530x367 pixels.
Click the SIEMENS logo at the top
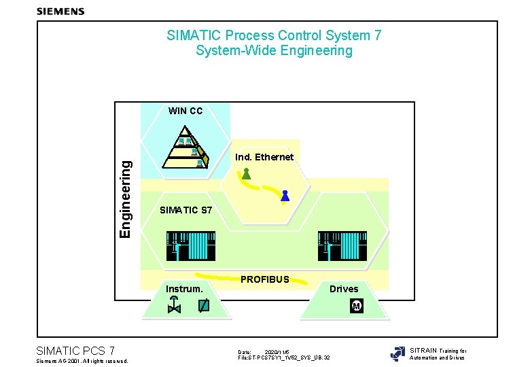tap(60, 11)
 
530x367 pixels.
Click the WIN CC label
tap(185, 111)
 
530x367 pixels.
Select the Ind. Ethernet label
tap(264, 157)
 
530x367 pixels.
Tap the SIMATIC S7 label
tap(186, 210)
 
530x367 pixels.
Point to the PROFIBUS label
tap(265, 279)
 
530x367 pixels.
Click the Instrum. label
tap(185, 289)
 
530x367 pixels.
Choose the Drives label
tap(344, 289)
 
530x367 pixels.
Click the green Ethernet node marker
tap(246, 174)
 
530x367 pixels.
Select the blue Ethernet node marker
tap(285, 196)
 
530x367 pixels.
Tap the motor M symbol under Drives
tap(356, 307)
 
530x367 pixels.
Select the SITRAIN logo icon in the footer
tap(397, 353)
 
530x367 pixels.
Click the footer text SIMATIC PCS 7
tap(75, 351)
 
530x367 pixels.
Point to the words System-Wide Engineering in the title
tap(274, 51)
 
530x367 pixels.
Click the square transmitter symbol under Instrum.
tap(203, 307)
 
